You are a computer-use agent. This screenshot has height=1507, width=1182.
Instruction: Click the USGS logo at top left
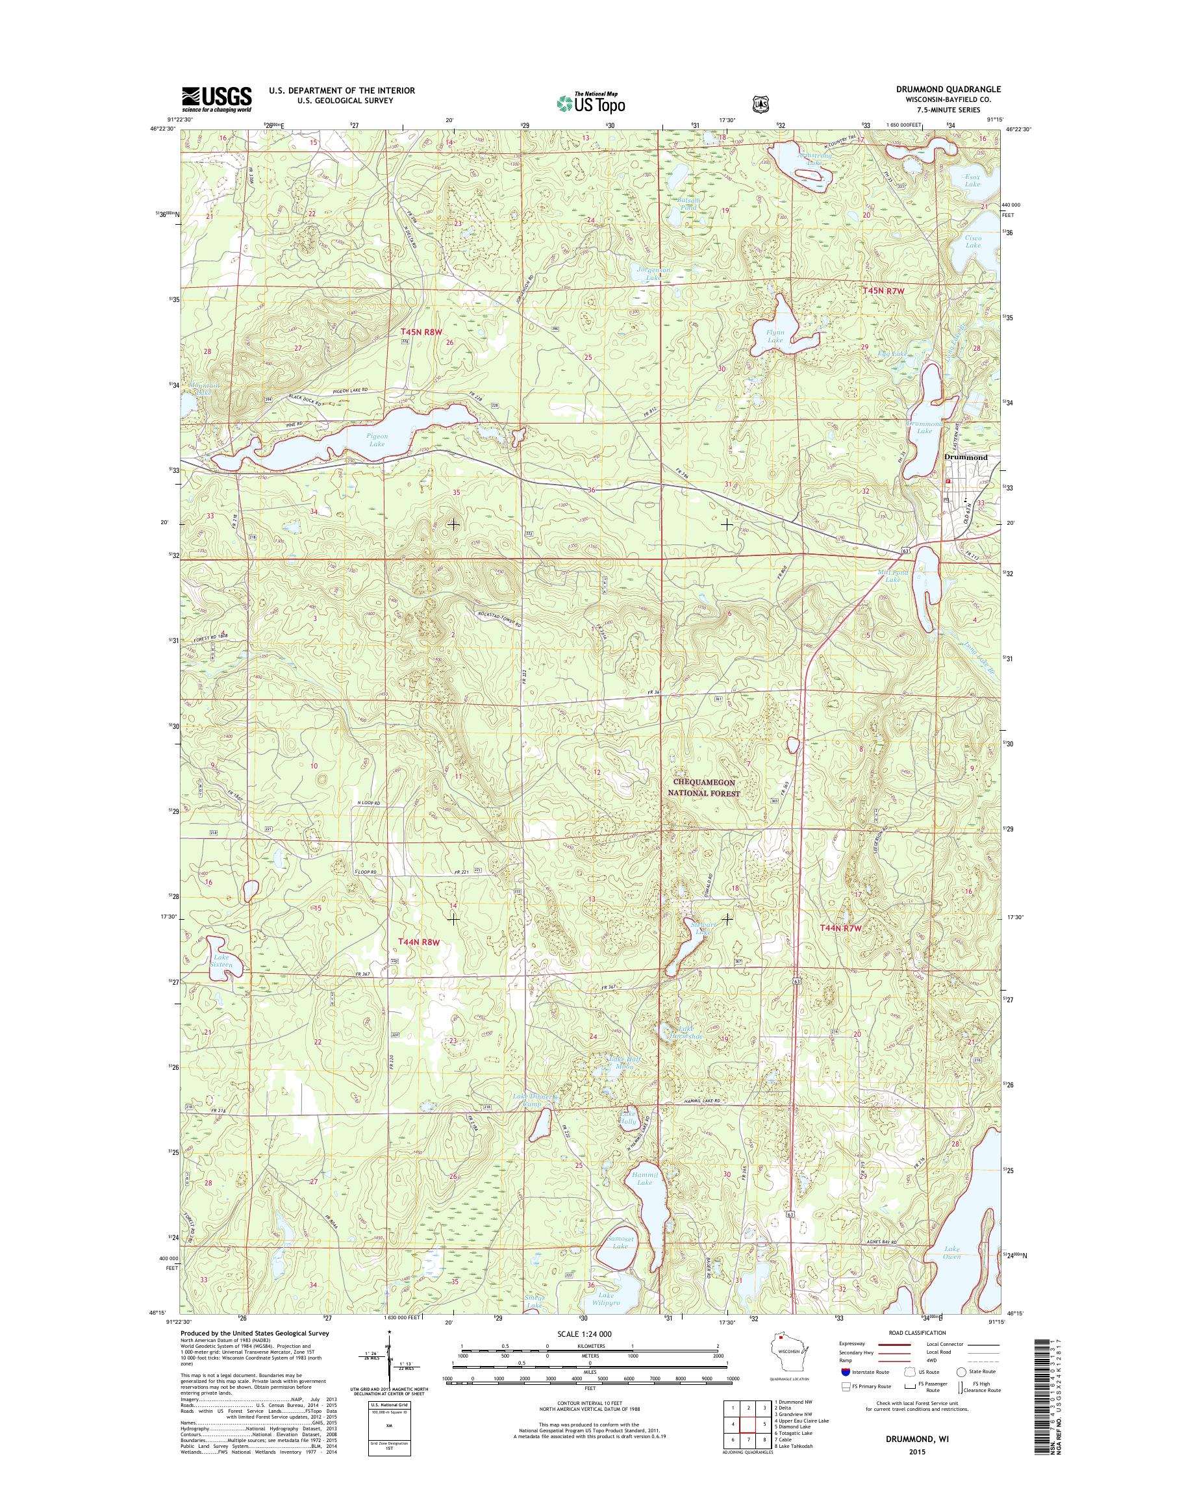coord(217,99)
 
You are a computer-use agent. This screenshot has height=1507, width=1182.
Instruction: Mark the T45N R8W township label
coord(420,333)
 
